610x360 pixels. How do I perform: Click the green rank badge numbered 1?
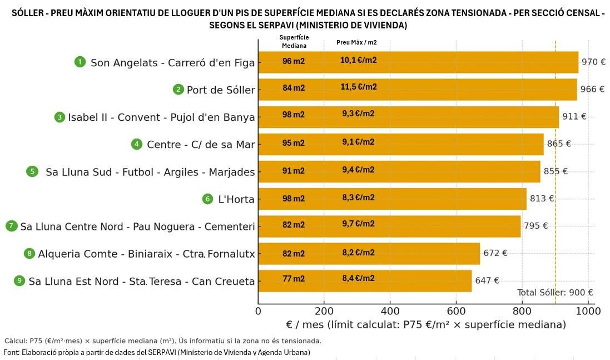pyautogui.click(x=80, y=62)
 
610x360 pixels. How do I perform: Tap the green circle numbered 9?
pyautogui.click(x=19, y=280)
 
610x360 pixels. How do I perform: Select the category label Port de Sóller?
pyautogui.click(x=221, y=90)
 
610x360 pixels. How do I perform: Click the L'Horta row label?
pyautogui.click(x=236, y=199)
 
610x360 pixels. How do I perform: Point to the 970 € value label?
pyautogui.click(x=593, y=62)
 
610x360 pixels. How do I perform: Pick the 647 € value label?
pyautogui.click(x=487, y=280)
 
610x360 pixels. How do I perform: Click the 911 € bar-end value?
pyautogui.click(x=574, y=116)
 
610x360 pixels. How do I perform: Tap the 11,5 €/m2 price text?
pyautogui.click(x=359, y=87)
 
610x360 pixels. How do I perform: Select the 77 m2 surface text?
pyautogui.click(x=294, y=279)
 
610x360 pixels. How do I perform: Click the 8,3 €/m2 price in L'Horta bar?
pyautogui.click(x=358, y=198)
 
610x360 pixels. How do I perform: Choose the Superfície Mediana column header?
pyautogui.click(x=294, y=42)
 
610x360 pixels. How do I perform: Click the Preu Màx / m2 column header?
pyautogui.click(x=356, y=42)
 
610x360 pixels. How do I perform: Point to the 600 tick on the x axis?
pyautogui.click(x=456, y=311)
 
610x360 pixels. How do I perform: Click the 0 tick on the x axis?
pyautogui.click(x=258, y=311)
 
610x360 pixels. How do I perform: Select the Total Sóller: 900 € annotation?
pyautogui.click(x=555, y=293)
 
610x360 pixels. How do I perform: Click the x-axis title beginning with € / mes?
pyautogui.click(x=426, y=324)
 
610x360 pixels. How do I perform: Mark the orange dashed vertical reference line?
pyautogui.click(x=555, y=167)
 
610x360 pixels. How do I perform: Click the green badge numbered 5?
pyautogui.click(x=33, y=171)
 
